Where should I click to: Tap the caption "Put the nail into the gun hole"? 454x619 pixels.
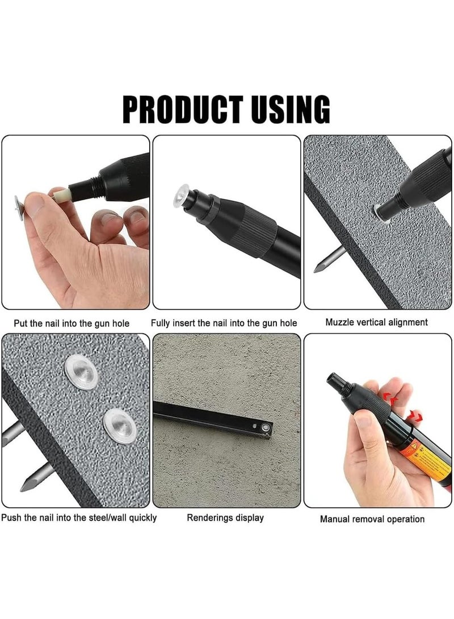point(71,323)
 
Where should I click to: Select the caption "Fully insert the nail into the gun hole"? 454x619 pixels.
point(224,323)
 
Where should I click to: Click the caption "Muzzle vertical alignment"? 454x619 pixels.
point(376,322)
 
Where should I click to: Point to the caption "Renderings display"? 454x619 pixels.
point(225,517)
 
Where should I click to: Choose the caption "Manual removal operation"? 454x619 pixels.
point(372,519)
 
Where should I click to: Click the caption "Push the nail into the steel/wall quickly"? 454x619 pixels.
point(79,517)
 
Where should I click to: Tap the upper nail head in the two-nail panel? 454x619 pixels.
point(82,372)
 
